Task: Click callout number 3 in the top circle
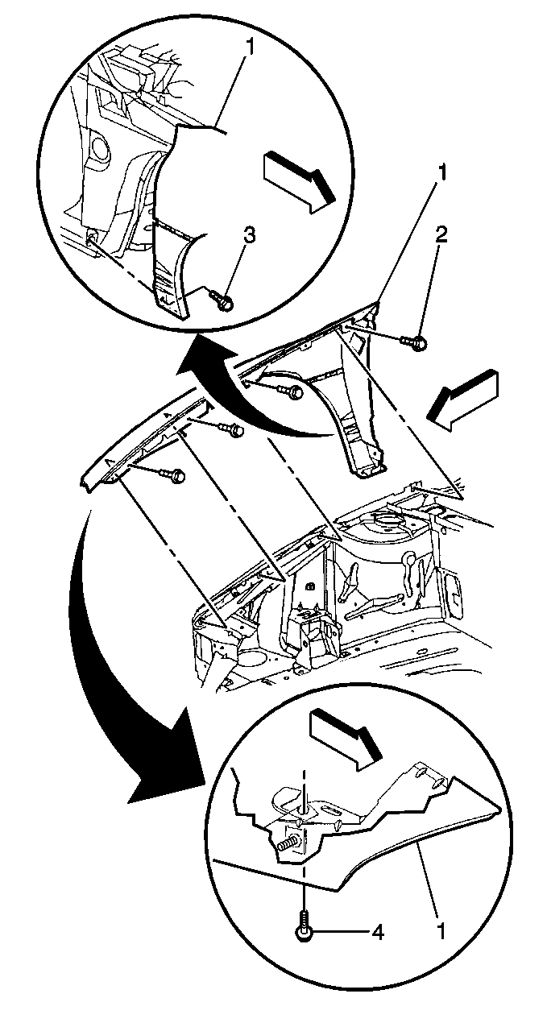pos(248,238)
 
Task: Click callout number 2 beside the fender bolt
pos(441,237)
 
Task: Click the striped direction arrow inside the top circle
pos(299,184)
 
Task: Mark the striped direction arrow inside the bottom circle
pos(345,739)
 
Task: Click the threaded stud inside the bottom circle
pos(287,841)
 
